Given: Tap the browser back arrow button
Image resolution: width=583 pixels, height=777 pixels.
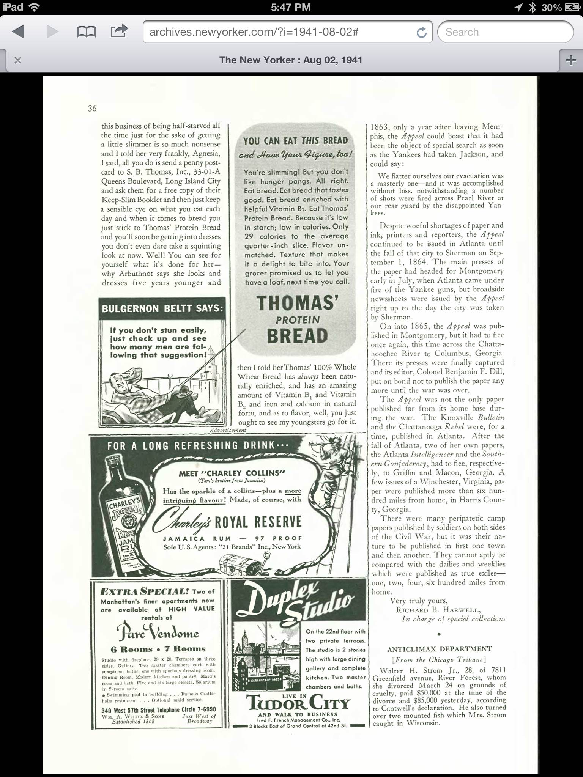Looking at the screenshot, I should click(18, 32).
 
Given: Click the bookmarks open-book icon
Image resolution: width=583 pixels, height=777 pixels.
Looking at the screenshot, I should click(86, 32).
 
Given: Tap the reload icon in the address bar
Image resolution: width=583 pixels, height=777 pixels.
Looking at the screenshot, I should click(421, 33).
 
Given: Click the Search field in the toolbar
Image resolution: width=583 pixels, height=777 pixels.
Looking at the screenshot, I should click(505, 32).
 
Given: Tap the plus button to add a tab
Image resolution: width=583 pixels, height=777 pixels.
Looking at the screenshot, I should click(571, 60).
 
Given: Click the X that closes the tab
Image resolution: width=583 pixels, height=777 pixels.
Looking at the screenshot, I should click(17, 60).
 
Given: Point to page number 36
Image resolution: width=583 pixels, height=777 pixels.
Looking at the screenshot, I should click(92, 109).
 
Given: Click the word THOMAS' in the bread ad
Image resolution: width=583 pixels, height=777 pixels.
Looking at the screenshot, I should click(297, 303).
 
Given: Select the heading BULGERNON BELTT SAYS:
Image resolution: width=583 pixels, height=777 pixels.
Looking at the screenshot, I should click(162, 308).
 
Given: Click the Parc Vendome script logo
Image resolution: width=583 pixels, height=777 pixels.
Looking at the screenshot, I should click(158, 632).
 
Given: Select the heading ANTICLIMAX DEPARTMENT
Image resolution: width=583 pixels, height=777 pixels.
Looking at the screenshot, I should click(439, 649).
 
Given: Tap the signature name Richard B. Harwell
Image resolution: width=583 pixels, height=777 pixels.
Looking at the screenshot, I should click(438, 610).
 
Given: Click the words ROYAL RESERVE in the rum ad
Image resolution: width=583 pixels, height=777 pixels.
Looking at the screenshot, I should click(258, 522).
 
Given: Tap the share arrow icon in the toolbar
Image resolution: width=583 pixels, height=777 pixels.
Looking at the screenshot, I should click(119, 31).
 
